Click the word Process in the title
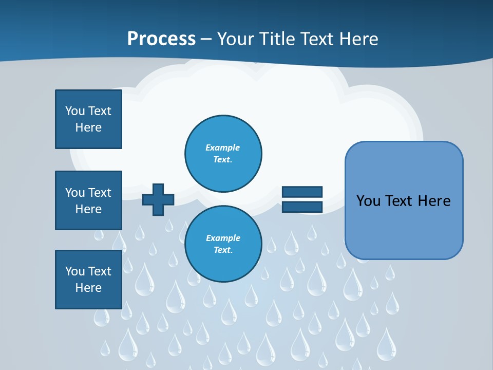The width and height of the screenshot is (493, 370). pyautogui.click(x=161, y=39)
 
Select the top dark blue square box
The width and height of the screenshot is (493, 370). pyautogui.click(x=88, y=119)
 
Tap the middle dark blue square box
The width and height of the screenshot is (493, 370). pyautogui.click(x=88, y=200)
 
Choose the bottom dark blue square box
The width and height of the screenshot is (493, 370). pyautogui.click(x=88, y=280)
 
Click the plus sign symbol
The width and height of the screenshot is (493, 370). pyautogui.click(x=158, y=199)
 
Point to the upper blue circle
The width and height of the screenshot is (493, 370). pyautogui.click(x=223, y=154)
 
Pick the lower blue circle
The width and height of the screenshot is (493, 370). pyautogui.click(x=223, y=244)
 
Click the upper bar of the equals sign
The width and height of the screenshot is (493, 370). pyautogui.click(x=302, y=192)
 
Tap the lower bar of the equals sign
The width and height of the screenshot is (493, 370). pyautogui.click(x=302, y=207)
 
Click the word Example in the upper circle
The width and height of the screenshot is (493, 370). pyautogui.click(x=222, y=147)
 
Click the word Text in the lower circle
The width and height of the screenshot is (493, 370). pyautogui.click(x=222, y=250)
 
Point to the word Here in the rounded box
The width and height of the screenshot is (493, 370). pyautogui.click(x=434, y=201)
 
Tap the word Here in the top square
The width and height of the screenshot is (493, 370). pyautogui.click(x=88, y=127)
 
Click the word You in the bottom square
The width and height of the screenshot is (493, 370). pyautogui.click(x=75, y=271)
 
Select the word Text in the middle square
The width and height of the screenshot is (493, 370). pyautogui.click(x=100, y=193)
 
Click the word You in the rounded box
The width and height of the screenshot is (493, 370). pyautogui.click(x=368, y=201)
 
